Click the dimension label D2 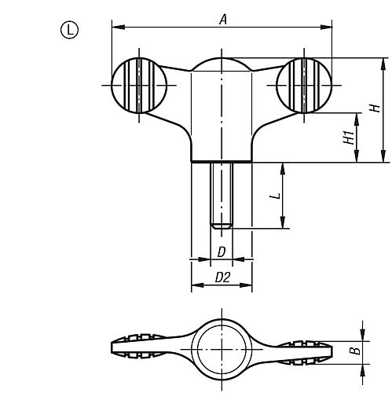(222, 277)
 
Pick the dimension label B (356, 349)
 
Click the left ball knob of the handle (139, 84)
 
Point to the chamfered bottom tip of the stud (222, 226)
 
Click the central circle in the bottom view (222, 348)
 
